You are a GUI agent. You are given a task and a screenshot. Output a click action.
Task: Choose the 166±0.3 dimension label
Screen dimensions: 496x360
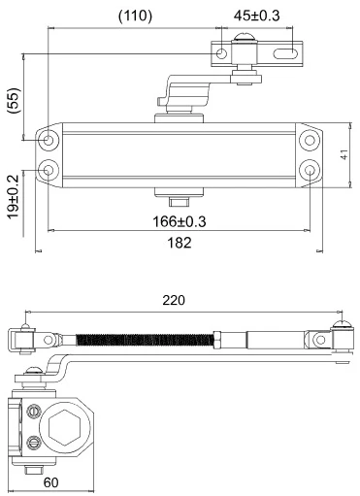point(180,221)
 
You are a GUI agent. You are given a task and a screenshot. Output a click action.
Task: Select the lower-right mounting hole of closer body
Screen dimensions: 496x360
point(309,170)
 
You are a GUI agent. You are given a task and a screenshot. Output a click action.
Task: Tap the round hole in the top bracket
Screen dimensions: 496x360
point(223,53)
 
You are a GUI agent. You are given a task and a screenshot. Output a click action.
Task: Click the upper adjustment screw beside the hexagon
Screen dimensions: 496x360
point(35,410)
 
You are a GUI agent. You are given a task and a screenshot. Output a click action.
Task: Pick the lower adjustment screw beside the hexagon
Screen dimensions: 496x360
point(35,445)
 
